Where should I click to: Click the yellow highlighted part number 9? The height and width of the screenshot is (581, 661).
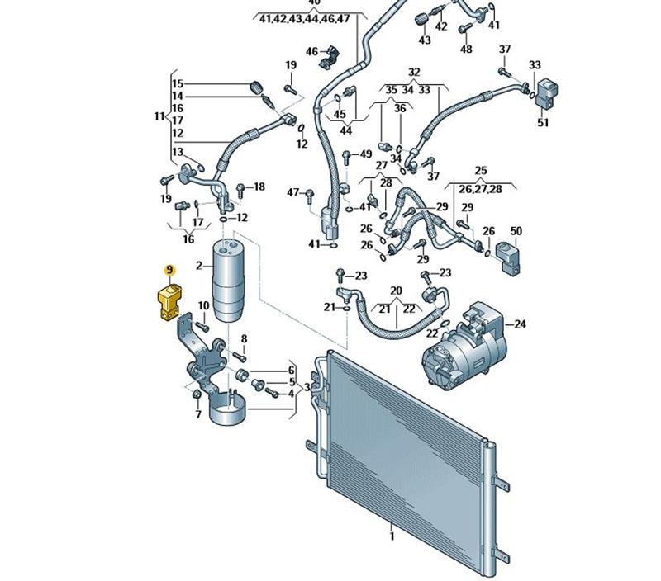(x=169, y=269)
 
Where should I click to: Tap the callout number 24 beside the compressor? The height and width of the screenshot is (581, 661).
(x=521, y=324)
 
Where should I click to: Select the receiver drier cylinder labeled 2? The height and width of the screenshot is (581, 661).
(x=228, y=280)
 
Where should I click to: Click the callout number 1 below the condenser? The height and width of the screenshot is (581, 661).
(x=392, y=536)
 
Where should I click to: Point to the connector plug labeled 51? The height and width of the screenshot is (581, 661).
(x=547, y=93)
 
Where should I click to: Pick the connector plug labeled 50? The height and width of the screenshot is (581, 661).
(x=507, y=257)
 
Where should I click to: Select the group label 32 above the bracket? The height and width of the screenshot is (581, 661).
(x=415, y=72)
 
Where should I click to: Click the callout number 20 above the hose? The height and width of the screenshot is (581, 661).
(x=396, y=290)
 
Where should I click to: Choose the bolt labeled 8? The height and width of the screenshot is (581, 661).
(x=240, y=357)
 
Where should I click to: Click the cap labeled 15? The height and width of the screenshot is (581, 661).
(x=256, y=87)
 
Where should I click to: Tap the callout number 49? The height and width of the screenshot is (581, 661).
(x=366, y=154)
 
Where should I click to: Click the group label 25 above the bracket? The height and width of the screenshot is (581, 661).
(x=481, y=171)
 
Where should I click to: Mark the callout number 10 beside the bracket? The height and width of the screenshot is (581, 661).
(x=203, y=305)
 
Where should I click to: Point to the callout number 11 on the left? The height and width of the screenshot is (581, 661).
(x=159, y=116)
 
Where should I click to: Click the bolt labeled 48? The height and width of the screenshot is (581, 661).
(x=464, y=29)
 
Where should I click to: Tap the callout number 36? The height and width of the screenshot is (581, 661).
(x=400, y=108)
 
